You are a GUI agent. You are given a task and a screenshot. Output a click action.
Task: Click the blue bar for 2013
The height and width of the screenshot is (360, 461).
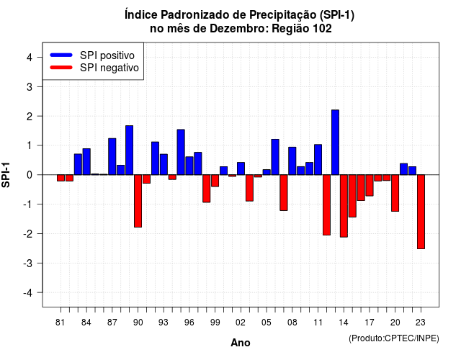coord(335,143)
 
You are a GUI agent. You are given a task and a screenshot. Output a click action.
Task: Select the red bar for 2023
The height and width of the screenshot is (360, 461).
coord(421,212)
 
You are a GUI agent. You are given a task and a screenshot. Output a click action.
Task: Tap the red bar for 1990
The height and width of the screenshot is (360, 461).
coord(138,201)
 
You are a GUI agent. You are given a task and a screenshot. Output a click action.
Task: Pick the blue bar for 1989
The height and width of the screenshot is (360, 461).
coord(130,150)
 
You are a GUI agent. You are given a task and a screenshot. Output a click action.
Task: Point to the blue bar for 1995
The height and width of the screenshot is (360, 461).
coord(181,152)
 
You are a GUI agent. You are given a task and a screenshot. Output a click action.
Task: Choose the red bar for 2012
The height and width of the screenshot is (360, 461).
coord(326,204)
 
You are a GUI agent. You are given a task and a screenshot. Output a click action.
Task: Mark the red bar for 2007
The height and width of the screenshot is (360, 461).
coord(284,192)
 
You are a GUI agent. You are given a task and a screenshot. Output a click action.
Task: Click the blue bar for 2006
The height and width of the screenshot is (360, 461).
coord(275,157)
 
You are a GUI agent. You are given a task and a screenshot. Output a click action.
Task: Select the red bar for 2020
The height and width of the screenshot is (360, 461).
coord(395,193)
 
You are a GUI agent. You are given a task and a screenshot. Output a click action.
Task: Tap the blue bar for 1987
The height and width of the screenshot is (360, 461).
coord(112,156)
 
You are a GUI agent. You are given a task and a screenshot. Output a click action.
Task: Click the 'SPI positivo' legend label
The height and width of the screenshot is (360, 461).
coord(107,55)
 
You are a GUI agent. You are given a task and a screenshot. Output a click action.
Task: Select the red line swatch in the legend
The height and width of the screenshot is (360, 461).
coord(61,67)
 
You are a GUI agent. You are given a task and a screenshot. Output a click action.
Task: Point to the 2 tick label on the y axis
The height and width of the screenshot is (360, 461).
coord(30,117)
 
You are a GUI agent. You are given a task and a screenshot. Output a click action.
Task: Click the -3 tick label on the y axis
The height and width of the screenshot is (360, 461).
coord(27,264)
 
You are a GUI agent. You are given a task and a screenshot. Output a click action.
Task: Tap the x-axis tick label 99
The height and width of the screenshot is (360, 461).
coord(215,323)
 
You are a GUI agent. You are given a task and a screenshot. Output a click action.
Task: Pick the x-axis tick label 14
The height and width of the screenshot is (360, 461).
coord(344,323)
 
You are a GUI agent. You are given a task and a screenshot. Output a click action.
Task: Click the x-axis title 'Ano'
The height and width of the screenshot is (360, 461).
coord(241,343)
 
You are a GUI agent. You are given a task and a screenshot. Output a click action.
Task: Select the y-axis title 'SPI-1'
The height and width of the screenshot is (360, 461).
coord(6,175)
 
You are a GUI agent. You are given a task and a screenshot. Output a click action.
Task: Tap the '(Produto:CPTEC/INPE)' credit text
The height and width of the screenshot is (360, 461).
coord(394,338)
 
